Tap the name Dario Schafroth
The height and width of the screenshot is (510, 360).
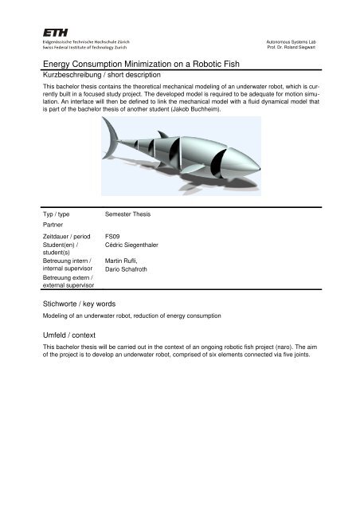(131, 270)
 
